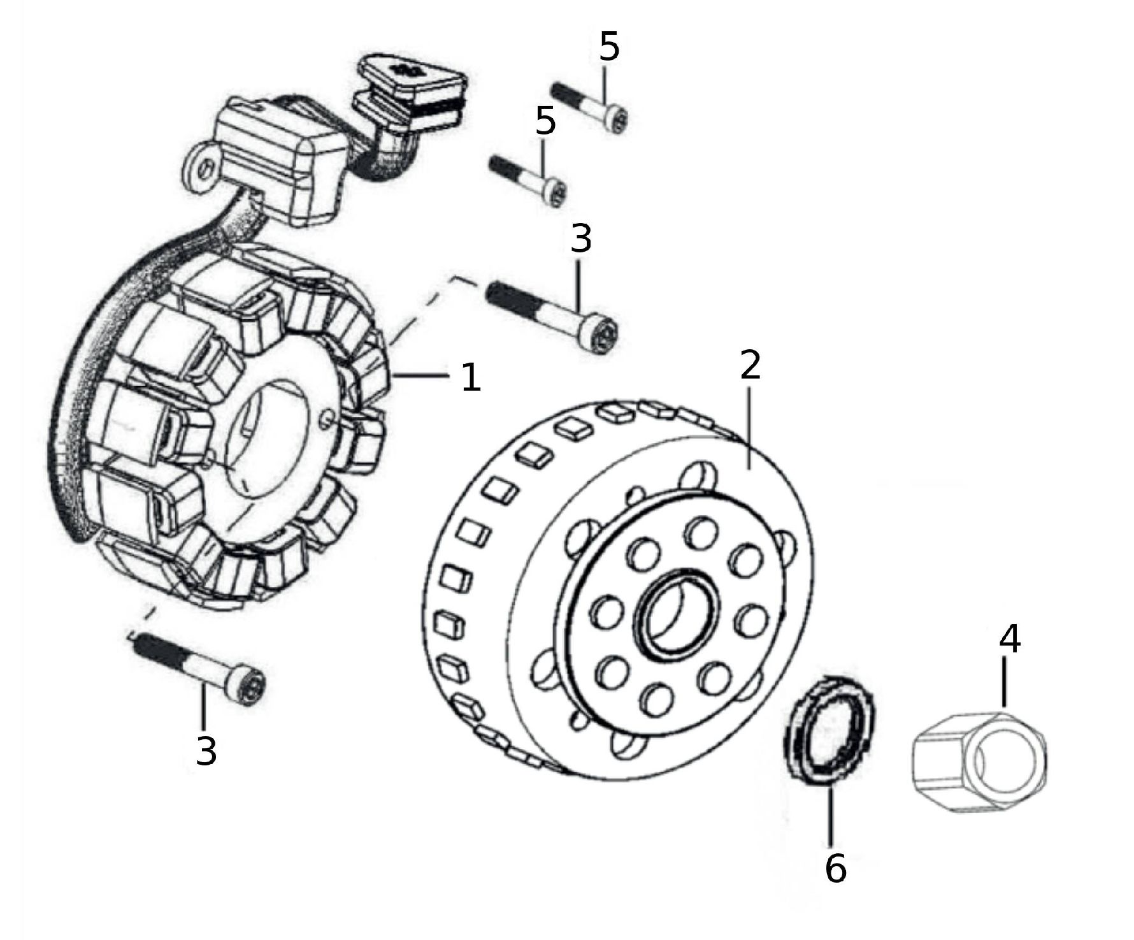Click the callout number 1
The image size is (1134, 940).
point(470,377)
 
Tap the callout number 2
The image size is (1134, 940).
point(750,365)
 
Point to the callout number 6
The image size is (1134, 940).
point(835,867)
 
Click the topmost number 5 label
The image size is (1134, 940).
point(609,47)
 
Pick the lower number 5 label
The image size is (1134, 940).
point(545,121)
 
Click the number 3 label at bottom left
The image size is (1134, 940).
point(206,751)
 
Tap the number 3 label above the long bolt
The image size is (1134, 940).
point(581,238)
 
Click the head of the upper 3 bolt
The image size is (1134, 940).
point(603,335)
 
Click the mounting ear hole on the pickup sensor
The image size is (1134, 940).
point(204,169)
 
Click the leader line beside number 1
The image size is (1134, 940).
point(424,376)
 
